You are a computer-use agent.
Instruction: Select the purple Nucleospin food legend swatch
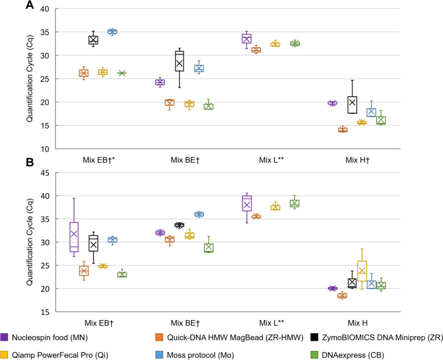point(6,336)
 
